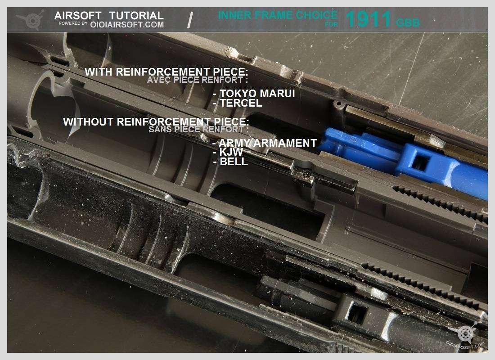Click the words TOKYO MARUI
click(257, 94)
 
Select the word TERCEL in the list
click(241, 103)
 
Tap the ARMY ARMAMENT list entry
click(268, 143)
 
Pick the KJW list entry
click(231, 152)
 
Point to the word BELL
click(234, 162)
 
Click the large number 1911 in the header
click(369, 19)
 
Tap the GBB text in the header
click(408, 23)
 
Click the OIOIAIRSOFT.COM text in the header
click(127, 25)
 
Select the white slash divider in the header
click(190, 20)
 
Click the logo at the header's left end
click(31, 20)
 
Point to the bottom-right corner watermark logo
click(465, 334)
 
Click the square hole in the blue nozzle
click(420, 163)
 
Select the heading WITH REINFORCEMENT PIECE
click(166, 72)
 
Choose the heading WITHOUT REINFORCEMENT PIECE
click(156, 122)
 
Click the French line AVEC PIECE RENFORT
click(197, 80)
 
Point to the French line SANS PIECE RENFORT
click(198, 129)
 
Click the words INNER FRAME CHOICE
click(278, 15)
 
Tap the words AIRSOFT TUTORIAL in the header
click(109, 15)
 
